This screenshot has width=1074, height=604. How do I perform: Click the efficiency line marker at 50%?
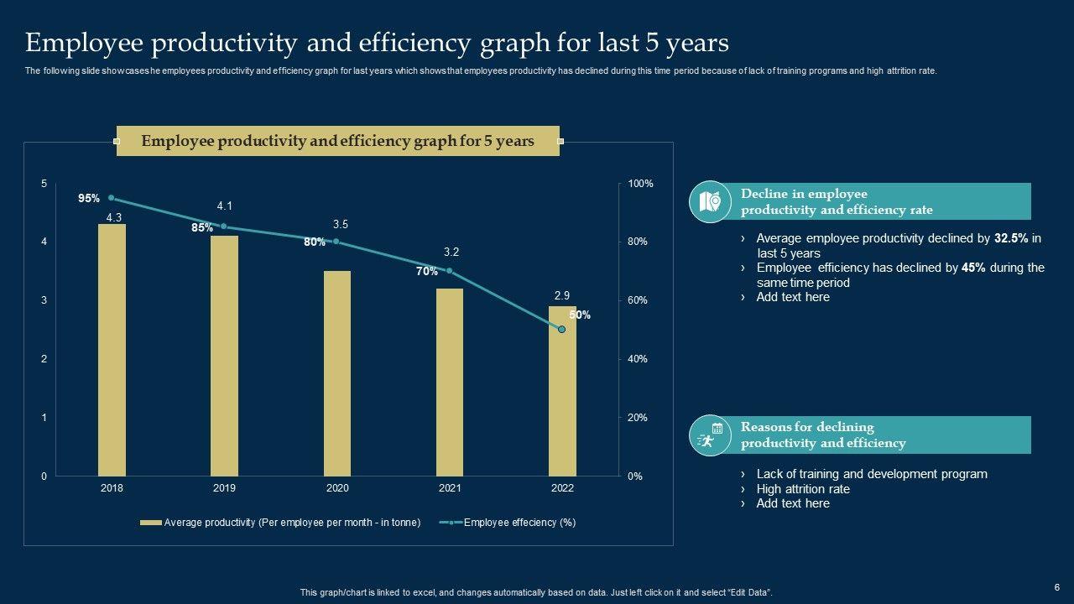(562, 330)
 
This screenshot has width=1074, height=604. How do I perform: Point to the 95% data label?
(89, 199)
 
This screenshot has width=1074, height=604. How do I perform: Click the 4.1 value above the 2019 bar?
(224, 206)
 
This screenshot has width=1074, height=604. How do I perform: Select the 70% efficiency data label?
(426, 272)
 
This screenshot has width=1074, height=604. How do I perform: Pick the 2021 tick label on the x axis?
(449, 488)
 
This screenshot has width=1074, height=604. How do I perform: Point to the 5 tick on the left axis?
(44, 184)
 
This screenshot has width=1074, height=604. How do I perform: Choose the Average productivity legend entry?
(281, 523)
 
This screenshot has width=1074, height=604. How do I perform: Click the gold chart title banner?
(337, 141)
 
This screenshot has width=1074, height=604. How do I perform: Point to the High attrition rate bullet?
(803, 489)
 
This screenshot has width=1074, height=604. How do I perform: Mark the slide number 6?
(1057, 587)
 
